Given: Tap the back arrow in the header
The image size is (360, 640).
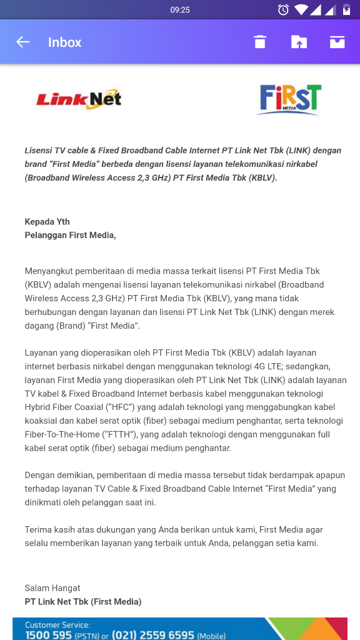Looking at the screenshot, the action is point(23,42).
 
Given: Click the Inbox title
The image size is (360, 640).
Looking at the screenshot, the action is point(65,42).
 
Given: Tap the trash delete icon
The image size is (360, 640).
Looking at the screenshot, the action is point(260,42).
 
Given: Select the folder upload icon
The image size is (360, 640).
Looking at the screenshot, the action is point(299,42).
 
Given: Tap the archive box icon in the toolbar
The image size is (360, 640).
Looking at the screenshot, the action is point(337,42).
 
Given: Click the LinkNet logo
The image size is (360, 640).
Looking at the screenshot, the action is point(79,99).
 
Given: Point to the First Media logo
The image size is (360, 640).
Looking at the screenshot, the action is point(289,99).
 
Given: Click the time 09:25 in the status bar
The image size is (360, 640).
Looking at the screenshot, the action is point(180,10).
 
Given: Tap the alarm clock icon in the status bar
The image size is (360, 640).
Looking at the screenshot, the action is point(283,10).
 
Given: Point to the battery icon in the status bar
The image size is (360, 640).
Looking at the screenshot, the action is point(347,10).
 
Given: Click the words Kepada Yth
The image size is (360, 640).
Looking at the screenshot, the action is point(47,222).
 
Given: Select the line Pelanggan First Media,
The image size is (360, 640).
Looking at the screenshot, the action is point(70,236).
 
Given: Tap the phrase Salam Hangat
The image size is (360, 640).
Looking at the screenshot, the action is point(52,588).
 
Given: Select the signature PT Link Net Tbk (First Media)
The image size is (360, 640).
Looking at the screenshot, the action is point(83,602).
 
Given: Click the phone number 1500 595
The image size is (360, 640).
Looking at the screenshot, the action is point(49,635).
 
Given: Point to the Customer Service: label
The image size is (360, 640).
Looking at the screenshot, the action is point(57,625).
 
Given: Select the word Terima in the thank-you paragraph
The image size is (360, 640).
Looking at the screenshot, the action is point(38,530).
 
